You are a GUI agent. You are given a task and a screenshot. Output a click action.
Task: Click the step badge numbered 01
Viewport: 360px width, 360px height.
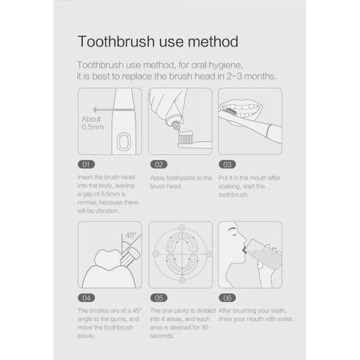[86, 164]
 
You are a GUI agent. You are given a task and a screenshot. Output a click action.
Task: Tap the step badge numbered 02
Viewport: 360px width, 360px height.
[159, 164]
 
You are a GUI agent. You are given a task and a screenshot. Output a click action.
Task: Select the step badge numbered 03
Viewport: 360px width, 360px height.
[227, 164]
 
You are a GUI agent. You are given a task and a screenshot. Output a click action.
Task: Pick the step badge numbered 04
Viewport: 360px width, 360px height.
[86, 298]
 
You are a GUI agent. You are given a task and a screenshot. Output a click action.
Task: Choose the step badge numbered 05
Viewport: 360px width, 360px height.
[159, 298]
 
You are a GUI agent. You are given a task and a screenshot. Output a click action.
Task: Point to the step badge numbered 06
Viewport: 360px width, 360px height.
[227, 298]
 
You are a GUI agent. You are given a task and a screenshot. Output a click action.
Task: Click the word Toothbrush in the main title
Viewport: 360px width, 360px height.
[117, 41]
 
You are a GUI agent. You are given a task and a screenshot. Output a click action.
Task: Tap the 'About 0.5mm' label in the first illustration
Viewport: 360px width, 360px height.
[93, 123]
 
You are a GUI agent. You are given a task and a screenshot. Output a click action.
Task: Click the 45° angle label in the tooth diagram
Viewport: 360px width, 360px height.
[130, 235]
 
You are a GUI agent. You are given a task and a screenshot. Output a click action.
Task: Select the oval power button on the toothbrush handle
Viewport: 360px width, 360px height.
[124, 142]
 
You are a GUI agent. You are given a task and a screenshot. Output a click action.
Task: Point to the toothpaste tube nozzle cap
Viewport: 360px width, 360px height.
[176, 125]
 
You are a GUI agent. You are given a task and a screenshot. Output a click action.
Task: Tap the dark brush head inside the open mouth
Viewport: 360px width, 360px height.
[229, 111]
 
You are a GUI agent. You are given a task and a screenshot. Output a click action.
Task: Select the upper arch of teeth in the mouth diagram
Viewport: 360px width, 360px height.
[182, 242]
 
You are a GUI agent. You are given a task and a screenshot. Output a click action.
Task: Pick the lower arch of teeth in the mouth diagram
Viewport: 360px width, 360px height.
[182, 264]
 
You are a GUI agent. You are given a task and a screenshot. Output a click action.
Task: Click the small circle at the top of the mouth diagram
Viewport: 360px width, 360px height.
[182, 228]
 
